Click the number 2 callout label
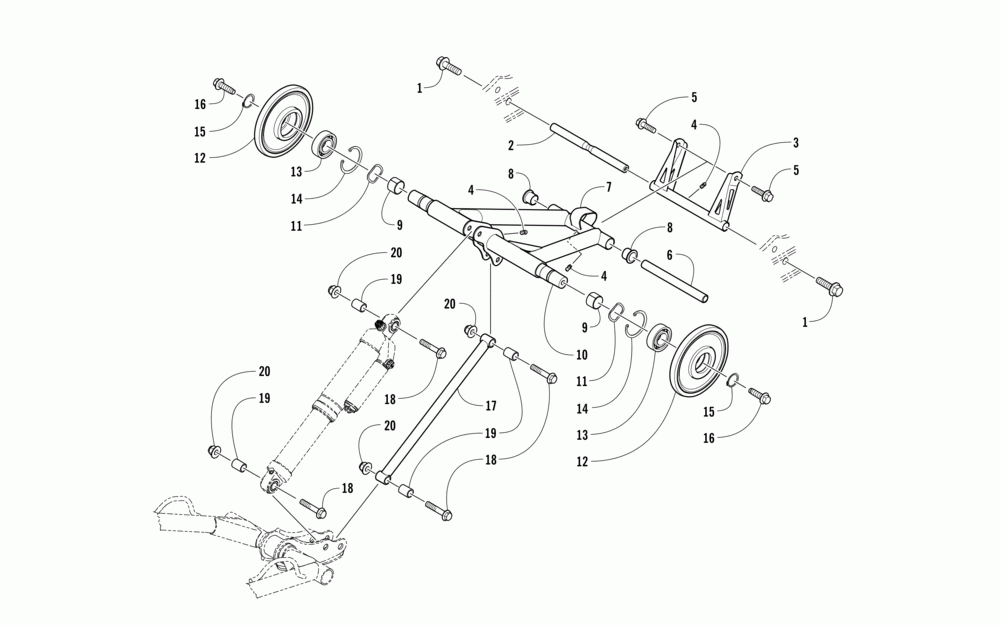tap(511, 146)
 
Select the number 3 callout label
tap(795, 143)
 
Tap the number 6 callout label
tap(670, 255)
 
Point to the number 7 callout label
tap(608, 187)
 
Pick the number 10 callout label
tap(582, 355)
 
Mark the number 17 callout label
tap(490, 406)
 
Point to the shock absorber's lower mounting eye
tap(272, 483)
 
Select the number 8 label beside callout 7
tap(511, 173)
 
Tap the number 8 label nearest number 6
tap(670, 228)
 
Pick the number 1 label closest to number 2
tap(420, 88)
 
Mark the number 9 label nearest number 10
tap(584, 328)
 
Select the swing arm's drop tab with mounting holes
tap(486, 251)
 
